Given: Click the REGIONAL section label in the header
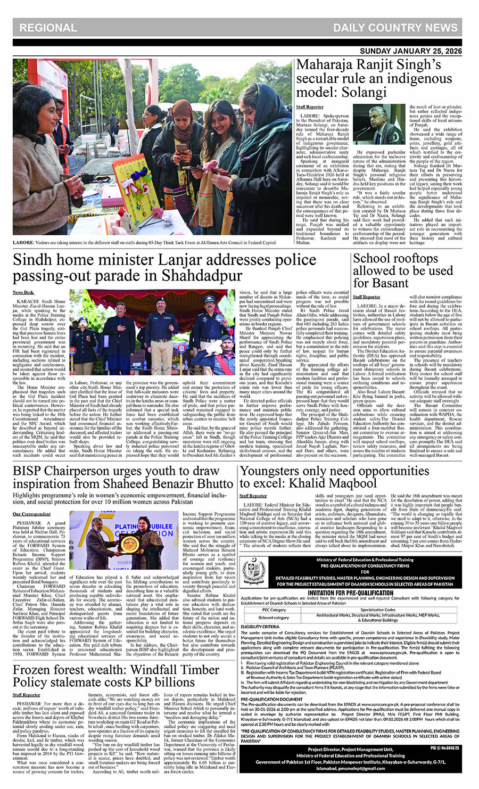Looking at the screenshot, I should [x=48, y=28].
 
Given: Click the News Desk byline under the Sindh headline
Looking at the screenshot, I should [x=23, y=292].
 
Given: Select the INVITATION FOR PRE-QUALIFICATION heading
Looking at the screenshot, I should [x=351, y=593].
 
